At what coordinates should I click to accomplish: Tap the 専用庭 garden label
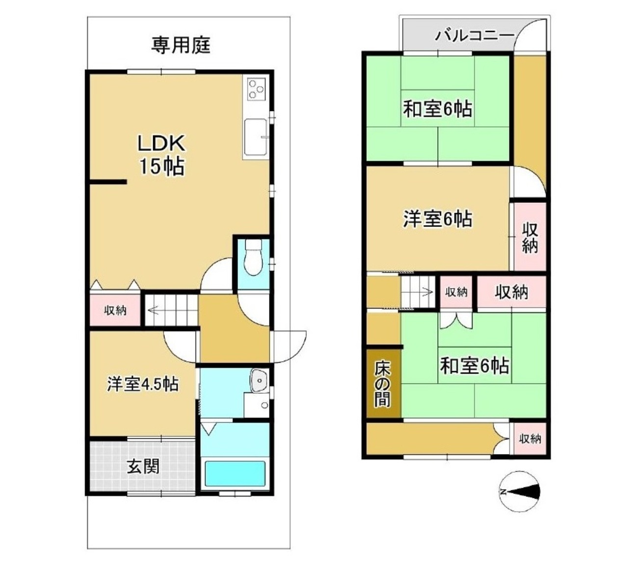[x=181, y=45]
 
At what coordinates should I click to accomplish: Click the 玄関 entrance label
[x=143, y=466]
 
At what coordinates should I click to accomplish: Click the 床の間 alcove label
[x=382, y=385]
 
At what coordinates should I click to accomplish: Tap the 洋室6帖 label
[x=437, y=219]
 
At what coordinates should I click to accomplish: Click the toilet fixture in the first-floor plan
[x=253, y=257]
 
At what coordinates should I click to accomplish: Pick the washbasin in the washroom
[x=259, y=380]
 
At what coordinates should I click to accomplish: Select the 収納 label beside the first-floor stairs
[x=115, y=311]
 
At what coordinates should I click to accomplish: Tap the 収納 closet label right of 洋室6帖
[x=530, y=238]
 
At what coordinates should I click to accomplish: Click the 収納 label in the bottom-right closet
[x=531, y=439]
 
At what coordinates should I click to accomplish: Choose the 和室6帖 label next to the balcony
[x=437, y=109]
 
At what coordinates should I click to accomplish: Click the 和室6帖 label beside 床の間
[x=474, y=366]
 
